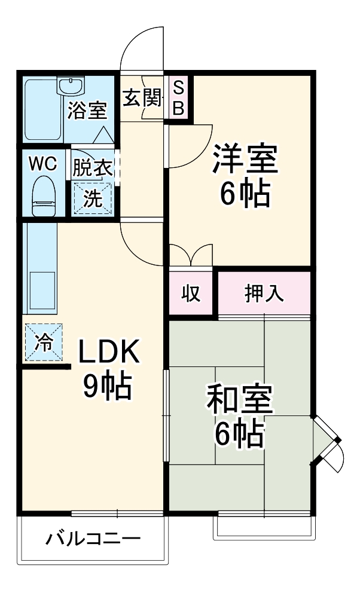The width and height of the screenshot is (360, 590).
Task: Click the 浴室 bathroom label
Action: point(87,111)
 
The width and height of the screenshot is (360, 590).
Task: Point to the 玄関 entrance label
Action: point(143,97)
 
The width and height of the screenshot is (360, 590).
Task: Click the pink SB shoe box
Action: point(178,98)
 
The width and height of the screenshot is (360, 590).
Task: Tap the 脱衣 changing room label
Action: point(92,167)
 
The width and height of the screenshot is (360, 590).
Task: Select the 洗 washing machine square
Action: point(92,198)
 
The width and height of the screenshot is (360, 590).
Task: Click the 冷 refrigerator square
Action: point(43,342)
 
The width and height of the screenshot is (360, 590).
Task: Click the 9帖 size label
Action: point(107,387)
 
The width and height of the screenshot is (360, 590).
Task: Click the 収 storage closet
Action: point(191,294)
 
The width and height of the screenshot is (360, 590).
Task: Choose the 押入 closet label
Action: point(264,294)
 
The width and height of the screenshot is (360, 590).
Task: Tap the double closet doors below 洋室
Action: point(191,255)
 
